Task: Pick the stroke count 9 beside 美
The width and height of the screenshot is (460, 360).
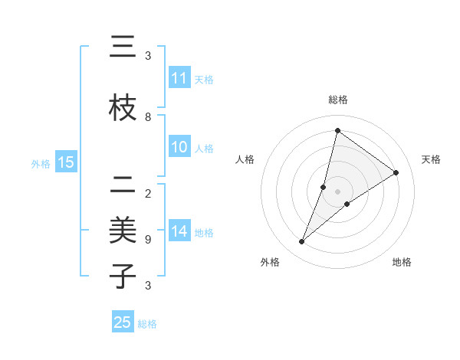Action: (148, 240)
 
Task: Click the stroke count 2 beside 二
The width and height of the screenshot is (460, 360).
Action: (148, 193)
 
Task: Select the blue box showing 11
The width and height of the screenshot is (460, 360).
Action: (179, 78)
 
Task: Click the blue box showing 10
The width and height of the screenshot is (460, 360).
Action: (179, 147)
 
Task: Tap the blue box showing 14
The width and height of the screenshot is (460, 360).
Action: (179, 231)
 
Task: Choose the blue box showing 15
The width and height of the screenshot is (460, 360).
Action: (65, 162)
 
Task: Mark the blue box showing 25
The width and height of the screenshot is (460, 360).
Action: (123, 322)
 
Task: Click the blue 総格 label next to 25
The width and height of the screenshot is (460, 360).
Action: (147, 324)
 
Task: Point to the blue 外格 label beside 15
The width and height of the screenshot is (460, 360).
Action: (41, 163)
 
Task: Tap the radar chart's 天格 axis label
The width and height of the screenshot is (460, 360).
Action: (431, 159)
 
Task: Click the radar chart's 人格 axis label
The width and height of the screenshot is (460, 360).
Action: (245, 159)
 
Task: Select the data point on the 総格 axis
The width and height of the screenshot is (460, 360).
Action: (337, 130)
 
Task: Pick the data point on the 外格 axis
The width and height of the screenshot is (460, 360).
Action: (302, 242)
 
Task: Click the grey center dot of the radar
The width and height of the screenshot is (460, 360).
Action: (337, 191)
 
